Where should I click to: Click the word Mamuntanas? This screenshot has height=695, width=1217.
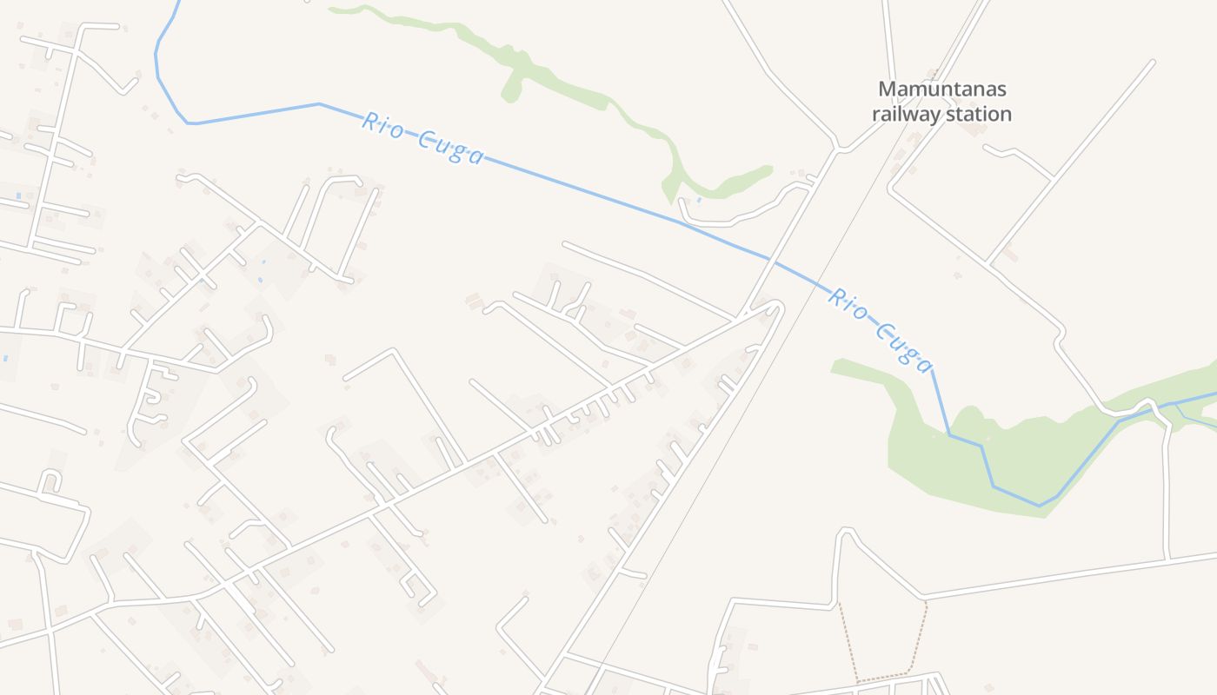coord(941,89)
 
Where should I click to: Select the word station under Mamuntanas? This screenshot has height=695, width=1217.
coord(979,114)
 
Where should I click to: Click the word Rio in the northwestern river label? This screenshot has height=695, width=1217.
coord(382,124)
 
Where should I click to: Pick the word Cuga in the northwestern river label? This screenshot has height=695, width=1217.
coord(449,148)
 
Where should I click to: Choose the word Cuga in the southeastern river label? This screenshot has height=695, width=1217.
coord(904,346)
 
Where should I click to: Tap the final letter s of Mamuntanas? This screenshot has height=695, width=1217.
coord(1001,89)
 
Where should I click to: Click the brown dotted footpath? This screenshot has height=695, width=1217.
coord(921,634)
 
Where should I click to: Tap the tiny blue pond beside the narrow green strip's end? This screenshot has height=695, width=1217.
coord(699,201)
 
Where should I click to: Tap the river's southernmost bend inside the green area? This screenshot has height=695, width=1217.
coord(1040,505)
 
